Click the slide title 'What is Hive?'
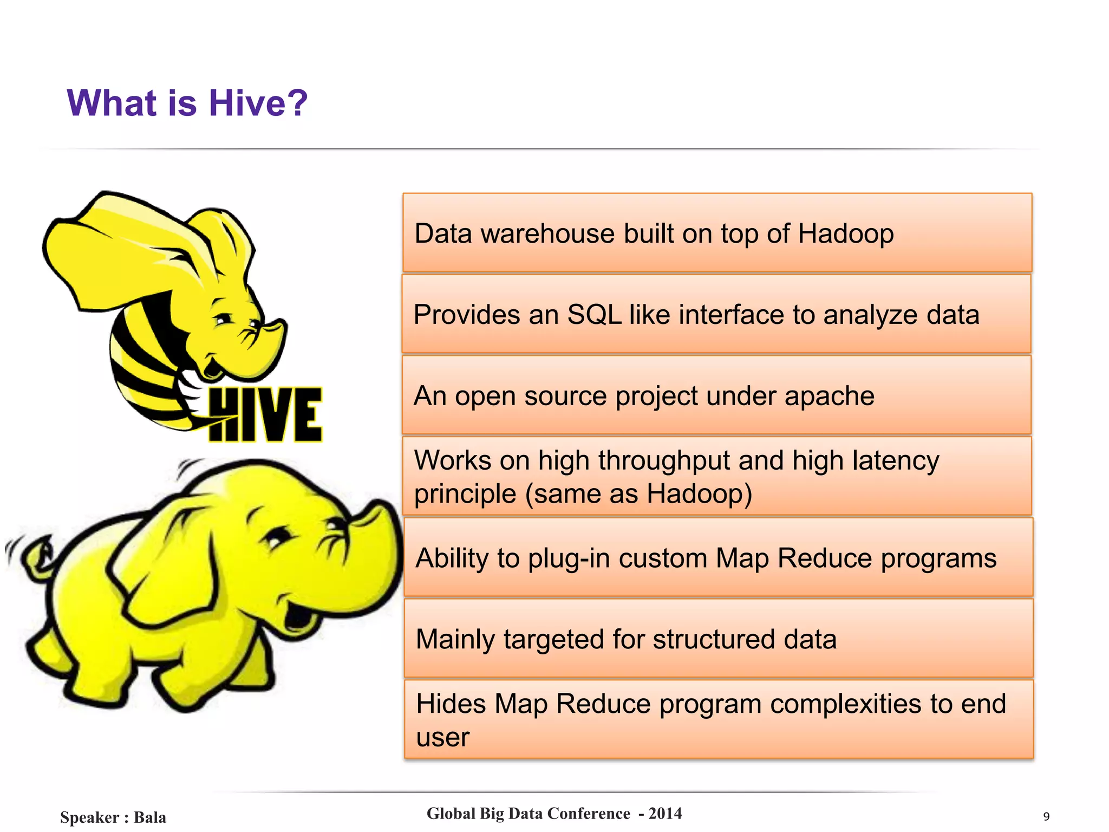coord(187,103)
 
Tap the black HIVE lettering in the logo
coord(265,414)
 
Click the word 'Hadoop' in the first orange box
coord(845,234)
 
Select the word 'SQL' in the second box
coord(594,315)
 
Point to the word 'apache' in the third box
coord(829,396)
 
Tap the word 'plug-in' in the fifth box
coord(566,558)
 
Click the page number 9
coord(1046,816)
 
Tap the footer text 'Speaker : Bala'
coord(113,817)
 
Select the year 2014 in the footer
coord(665,814)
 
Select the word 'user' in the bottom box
coord(442,738)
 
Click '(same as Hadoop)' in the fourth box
coord(639,494)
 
